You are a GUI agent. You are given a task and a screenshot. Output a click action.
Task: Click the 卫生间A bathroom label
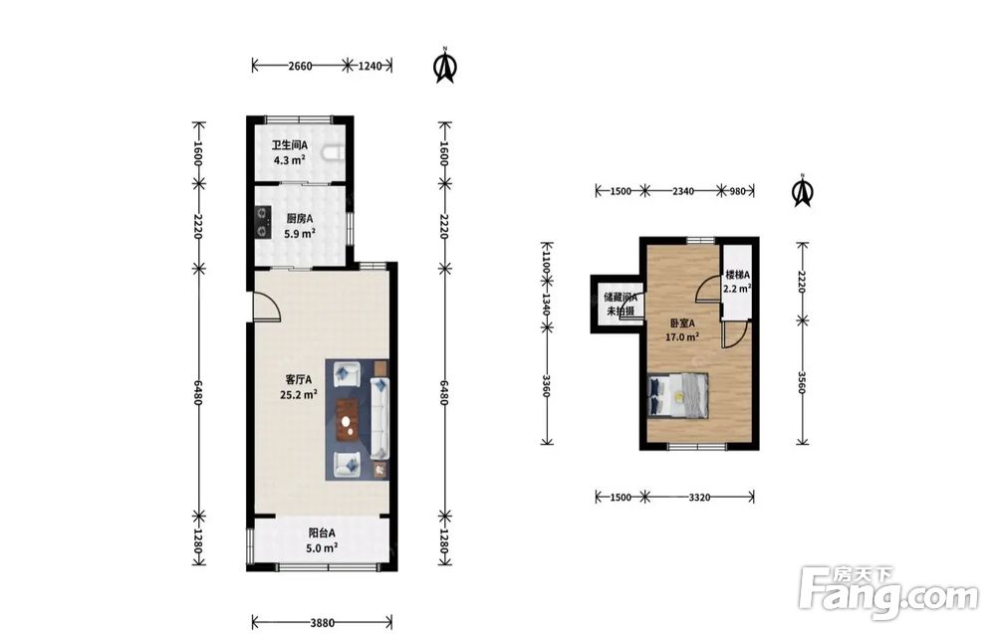[290, 145]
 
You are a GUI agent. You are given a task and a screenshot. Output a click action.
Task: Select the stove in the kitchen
[262, 222]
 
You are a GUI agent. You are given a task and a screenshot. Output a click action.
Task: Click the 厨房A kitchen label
[299, 219]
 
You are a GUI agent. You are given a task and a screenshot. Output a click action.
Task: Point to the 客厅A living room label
[298, 380]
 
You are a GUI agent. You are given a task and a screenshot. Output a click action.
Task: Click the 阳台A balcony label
[322, 533]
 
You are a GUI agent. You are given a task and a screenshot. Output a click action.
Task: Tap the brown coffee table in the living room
[348, 419]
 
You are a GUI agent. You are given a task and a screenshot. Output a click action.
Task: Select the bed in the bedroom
[677, 395]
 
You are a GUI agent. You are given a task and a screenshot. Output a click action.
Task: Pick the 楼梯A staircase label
[738, 275]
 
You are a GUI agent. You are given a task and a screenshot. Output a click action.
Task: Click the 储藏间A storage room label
[621, 297]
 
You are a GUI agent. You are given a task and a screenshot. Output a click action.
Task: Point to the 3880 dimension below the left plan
[322, 623]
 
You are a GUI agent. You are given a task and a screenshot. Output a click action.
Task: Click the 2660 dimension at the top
[300, 66]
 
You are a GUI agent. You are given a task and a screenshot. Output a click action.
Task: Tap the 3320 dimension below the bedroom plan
[699, 497]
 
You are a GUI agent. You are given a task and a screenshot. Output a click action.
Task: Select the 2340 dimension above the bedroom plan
[683, 190]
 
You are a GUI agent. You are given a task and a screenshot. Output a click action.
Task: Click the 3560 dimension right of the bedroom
[802, 382]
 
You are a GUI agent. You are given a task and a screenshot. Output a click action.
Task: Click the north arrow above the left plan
[446, 65]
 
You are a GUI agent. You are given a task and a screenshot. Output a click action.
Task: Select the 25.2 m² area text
[299, 395]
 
